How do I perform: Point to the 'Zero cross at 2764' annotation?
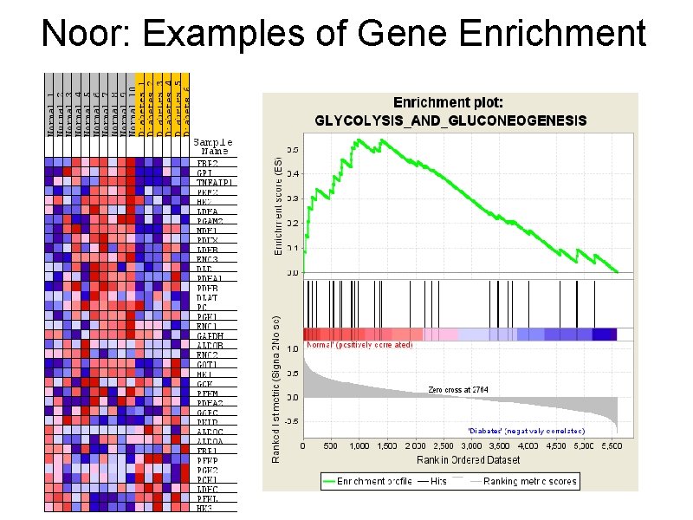[x=458, y=390]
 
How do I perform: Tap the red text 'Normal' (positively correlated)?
[x=359, y=345]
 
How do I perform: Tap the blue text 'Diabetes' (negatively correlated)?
[x=526, y=431]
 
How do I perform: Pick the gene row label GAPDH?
[x=208, y=335]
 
